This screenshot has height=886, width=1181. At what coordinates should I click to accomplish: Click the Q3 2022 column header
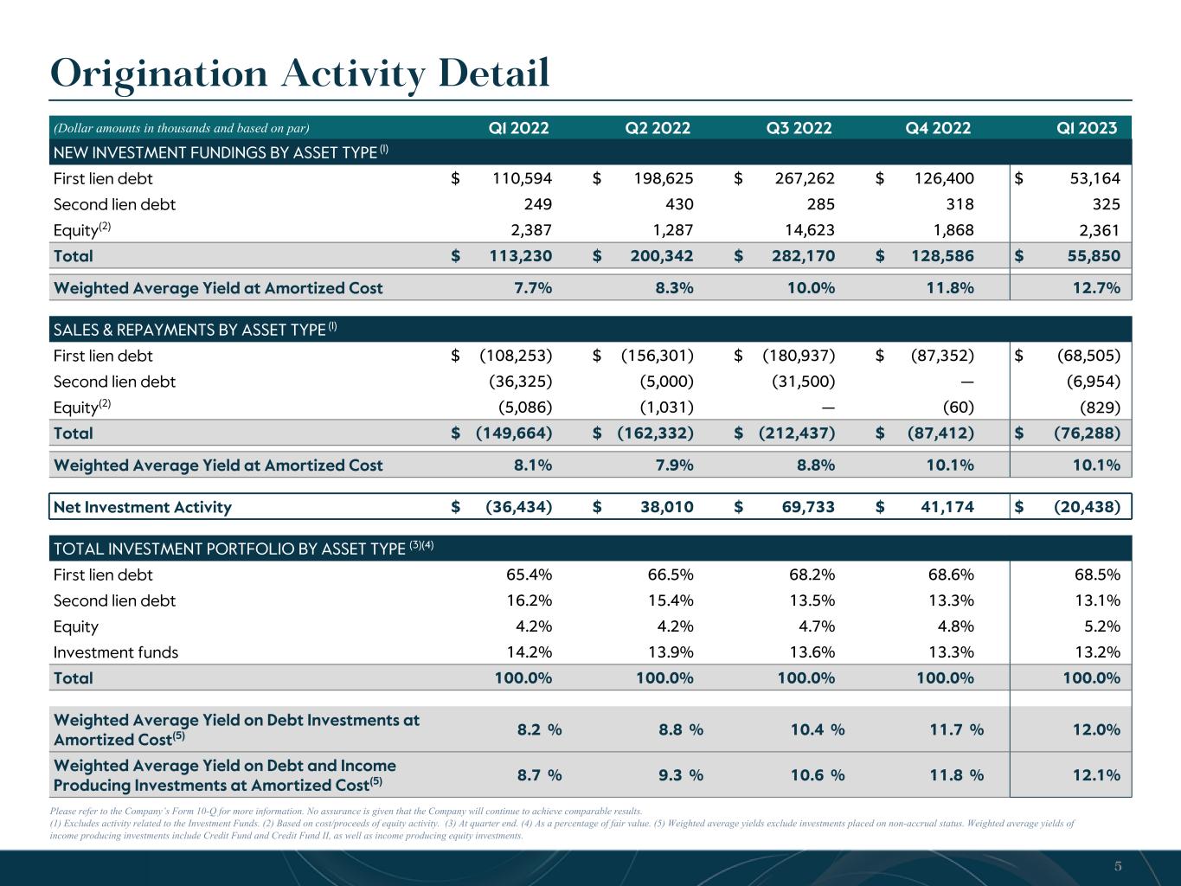(x=799, y=128)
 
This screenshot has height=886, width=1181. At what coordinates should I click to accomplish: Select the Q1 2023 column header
(x=1087, y=128)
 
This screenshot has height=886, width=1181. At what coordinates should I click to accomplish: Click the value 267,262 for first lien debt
(x=805, y=178)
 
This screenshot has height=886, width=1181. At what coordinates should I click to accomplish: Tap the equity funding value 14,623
(x=810, y=230)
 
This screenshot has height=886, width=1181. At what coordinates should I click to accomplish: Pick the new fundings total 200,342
(x=662, y=256)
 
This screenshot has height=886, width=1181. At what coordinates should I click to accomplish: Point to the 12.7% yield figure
(x=1096, y=288)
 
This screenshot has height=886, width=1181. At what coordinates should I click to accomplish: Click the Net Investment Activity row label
(x=143, y=507)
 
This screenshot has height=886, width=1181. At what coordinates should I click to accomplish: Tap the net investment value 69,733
(x=808, y=507)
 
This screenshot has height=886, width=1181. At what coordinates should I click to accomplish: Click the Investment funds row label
(x=116, y=652)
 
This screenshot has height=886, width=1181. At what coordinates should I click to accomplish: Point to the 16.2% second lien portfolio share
(x=530, y=600)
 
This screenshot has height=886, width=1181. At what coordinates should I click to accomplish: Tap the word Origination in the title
(x=158, y=74)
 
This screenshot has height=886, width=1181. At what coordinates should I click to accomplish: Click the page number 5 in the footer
(x=1118, y=866)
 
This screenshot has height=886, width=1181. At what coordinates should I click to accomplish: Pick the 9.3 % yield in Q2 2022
(x=681, y=775)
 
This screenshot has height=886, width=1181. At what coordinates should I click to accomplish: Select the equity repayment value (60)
(x=959, y=408)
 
